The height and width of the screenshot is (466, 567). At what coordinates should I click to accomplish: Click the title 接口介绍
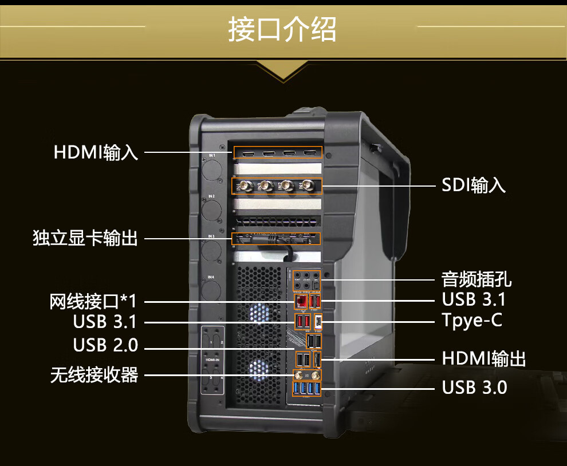[282, 29]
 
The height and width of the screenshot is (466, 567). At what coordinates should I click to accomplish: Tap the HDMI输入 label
[96, 153]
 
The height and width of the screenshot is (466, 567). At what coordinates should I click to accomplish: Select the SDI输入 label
[474, 185]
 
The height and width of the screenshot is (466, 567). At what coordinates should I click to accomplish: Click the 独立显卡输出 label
[85, 238]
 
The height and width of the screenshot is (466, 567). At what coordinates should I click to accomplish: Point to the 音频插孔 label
[477, 279]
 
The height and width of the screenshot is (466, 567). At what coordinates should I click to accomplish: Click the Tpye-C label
[472, 320]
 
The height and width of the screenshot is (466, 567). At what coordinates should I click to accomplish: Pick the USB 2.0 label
[105, 345]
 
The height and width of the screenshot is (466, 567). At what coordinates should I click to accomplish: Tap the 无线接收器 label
[94, 376]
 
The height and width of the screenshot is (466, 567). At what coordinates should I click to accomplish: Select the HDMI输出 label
[484, 359]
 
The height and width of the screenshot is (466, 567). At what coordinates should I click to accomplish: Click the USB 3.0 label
[474, 388]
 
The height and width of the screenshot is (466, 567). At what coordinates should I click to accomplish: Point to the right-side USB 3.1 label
[474, 299]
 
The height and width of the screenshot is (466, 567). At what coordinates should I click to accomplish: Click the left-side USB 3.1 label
[105, 322]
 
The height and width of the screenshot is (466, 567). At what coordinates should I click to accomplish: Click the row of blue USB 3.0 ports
[306, 390]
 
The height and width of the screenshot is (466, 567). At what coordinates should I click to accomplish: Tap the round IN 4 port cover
[212, 293]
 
